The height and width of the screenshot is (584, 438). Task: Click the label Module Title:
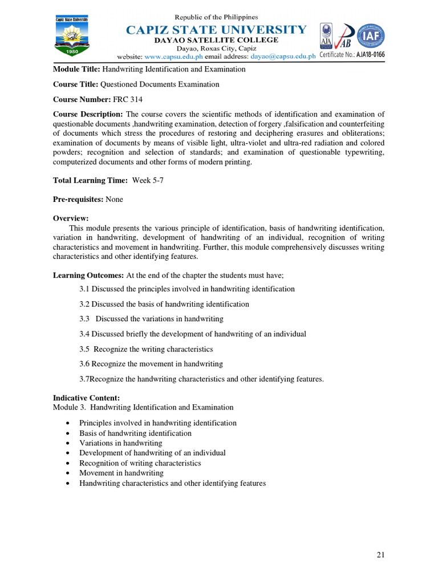76,69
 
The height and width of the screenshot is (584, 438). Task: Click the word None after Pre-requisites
114,199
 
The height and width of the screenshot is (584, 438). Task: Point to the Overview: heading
71,218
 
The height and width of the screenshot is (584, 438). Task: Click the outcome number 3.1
84,289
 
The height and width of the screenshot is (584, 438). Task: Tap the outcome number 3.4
84,334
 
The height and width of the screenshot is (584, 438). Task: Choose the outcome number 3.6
84,363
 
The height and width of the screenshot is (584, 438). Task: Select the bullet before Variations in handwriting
68,443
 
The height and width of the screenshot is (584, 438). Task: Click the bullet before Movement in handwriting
68,473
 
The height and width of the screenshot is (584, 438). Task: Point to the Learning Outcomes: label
88,275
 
